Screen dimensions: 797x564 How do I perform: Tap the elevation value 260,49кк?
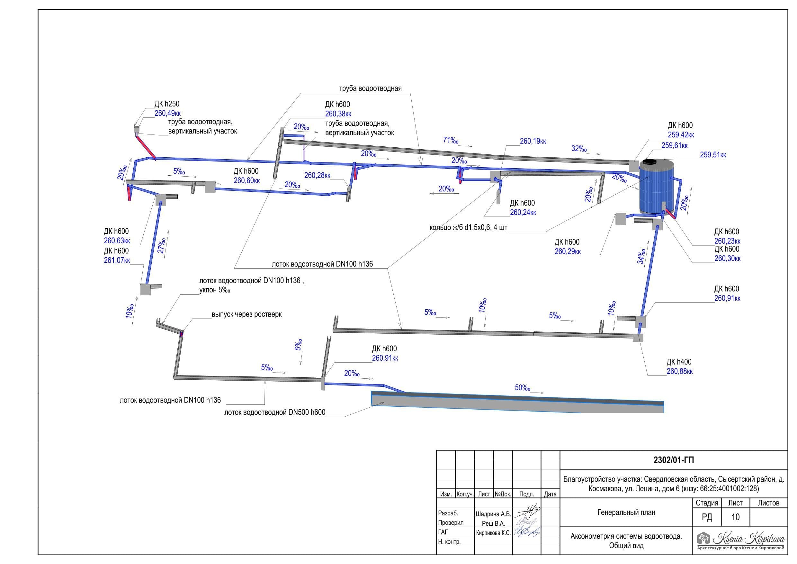[168, 113]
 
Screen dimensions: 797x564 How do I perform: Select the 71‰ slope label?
[451, 140]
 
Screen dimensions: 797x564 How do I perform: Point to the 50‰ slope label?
[523, 387]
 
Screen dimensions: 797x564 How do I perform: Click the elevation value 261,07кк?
[117, 260]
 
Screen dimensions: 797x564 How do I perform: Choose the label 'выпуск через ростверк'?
[247, 314]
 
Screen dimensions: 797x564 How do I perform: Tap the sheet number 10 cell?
[735, 517]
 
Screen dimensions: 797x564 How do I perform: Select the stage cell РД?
[707, 517]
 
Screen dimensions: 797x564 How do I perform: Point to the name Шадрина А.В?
[493, 513]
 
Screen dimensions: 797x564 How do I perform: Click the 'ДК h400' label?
[679, 362]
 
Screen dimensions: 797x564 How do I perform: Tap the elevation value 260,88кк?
[680, 372]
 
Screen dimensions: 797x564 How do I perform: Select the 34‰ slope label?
[641, 256]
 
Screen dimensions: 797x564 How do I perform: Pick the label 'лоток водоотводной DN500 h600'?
[274, 412]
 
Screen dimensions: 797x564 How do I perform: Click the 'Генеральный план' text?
[626, 512]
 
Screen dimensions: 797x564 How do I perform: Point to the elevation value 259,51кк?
[713, 155]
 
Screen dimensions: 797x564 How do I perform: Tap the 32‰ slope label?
[579, 149]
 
